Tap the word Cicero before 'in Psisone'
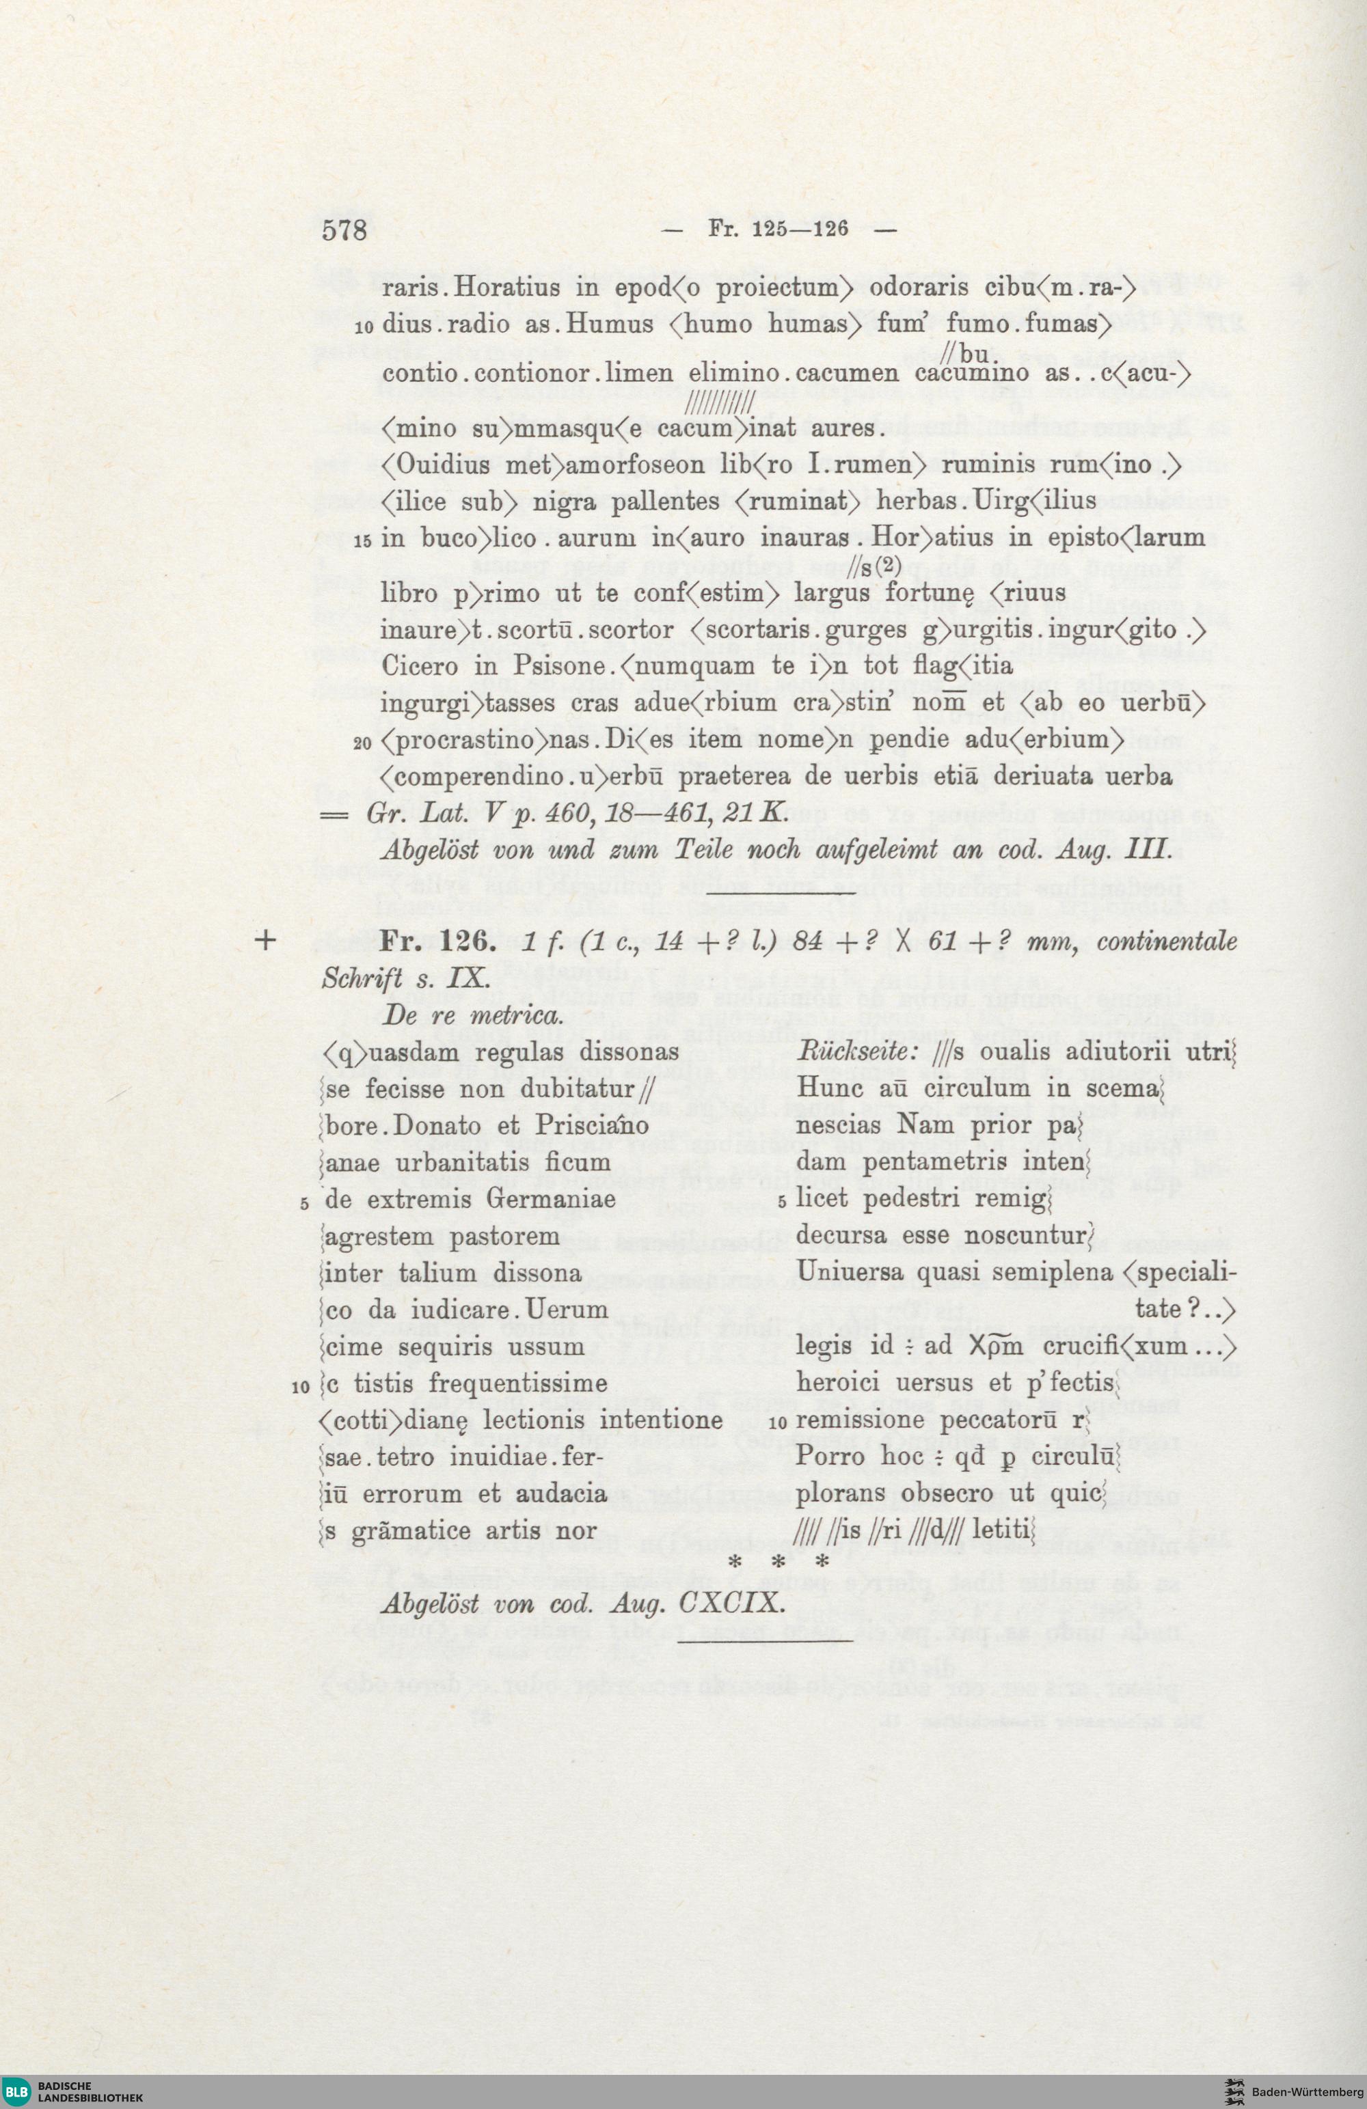pyautogui.click(x=421, y=665)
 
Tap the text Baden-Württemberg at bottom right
pyautogui.click(x=1307, y=2086)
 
